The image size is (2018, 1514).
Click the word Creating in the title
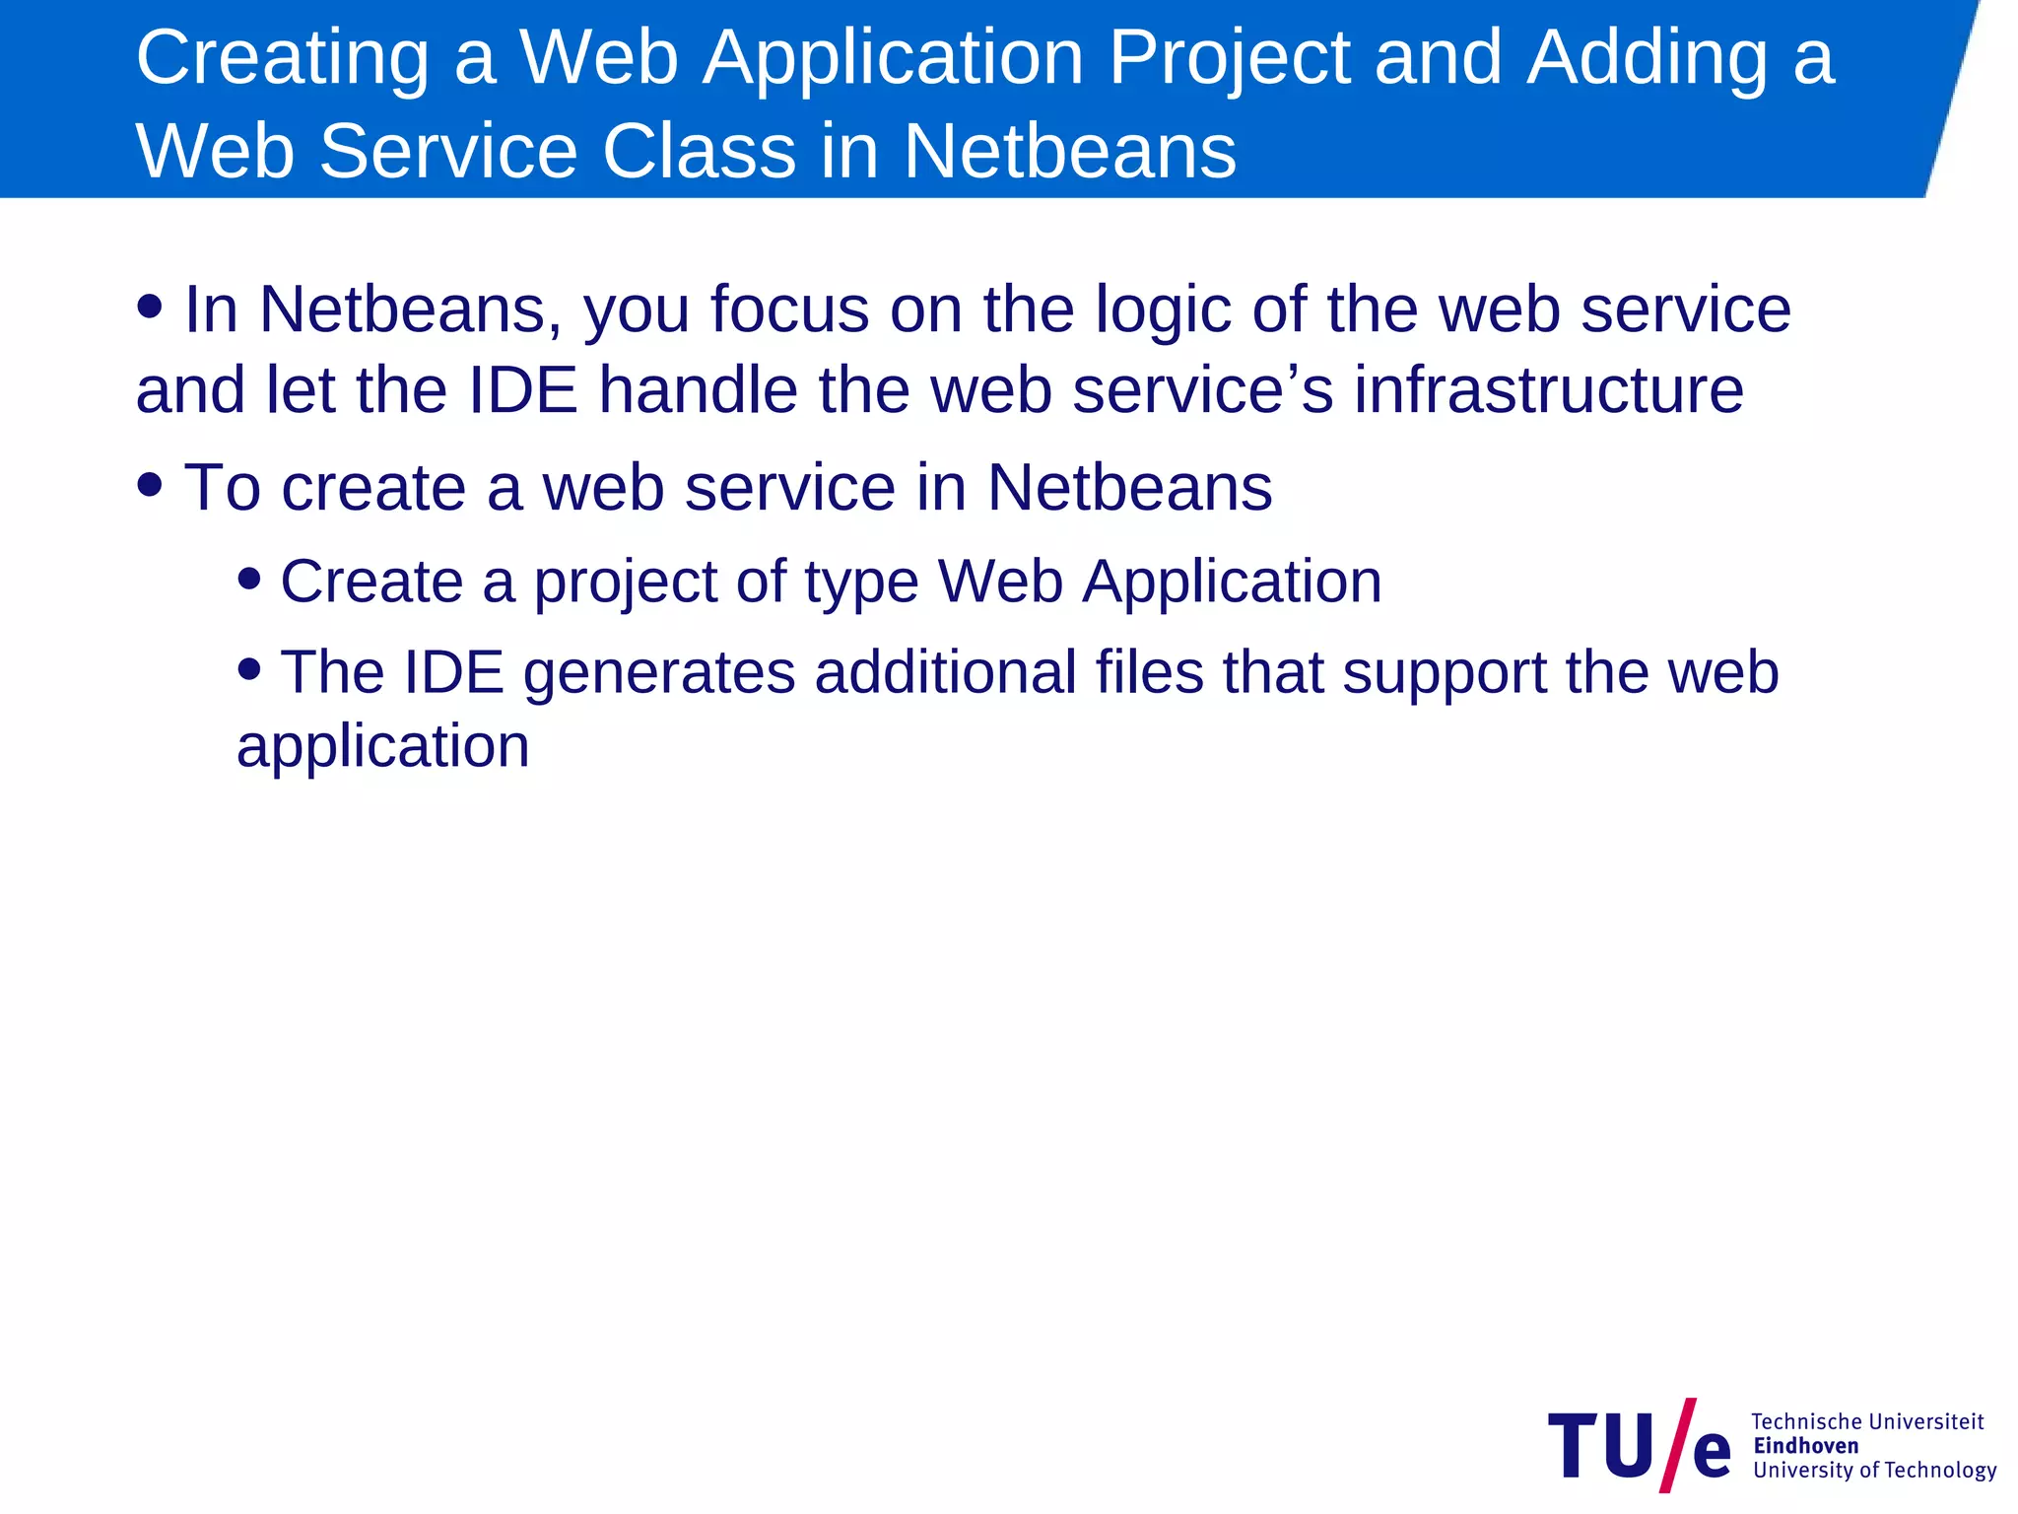tap(282, 59)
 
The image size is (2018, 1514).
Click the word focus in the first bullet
tap(789, 310)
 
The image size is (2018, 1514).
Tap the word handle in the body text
tap(698, 390)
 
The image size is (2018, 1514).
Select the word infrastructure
tap(1548, 390)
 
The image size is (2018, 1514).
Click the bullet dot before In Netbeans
tap(150, 306)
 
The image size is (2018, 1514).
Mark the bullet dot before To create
tap(150, 484)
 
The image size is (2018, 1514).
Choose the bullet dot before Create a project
tap(249, 578)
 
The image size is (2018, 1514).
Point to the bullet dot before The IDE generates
tap(249, 669)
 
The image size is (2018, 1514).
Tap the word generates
tap(658, 674)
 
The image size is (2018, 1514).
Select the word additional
tap(945, 672)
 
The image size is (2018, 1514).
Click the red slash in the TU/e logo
tap(1678, 1445)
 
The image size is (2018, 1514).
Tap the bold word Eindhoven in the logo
tap(1805, 1446)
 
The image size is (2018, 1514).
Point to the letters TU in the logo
tap(1601, 1446)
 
